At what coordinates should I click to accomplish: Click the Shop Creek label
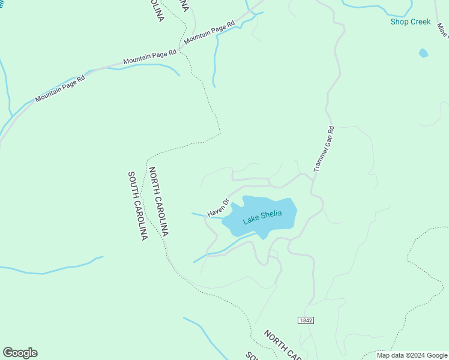point(411,22)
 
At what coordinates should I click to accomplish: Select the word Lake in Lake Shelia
point(251,221)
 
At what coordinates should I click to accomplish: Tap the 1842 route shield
point(306,321)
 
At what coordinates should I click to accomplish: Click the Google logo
point(20,353)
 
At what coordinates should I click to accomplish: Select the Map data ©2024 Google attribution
point(412,355)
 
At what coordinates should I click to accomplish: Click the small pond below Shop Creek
point(423,53)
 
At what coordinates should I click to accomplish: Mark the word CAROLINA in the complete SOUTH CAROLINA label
point(140,220)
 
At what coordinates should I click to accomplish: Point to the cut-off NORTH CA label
point(282,344)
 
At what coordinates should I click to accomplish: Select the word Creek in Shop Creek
point(420,22)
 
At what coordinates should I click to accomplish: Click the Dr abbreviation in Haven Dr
point(226,202)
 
